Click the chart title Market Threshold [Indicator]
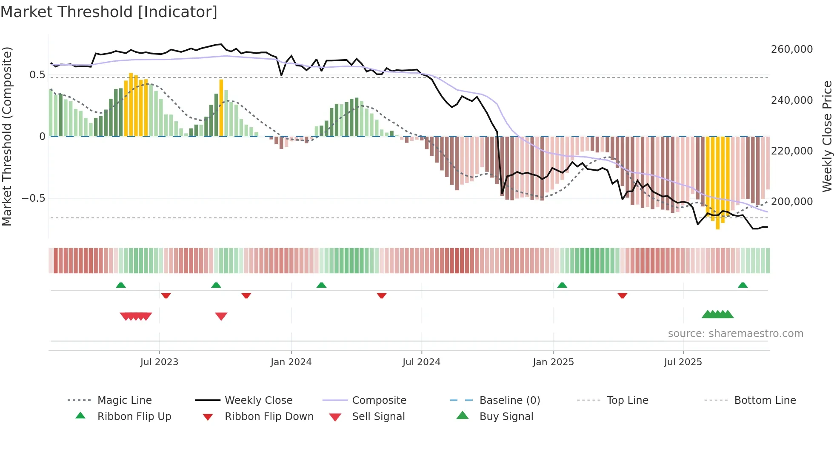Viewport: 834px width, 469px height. [x=109, y=12]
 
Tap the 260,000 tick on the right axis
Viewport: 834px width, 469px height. [x=791, y=49]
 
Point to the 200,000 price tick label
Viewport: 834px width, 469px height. [x=791, y=202]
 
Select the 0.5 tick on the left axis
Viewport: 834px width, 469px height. [x=37, y=75]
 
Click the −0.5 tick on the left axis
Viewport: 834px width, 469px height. [x=34, y=198]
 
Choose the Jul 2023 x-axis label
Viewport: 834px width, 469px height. [x=159, y=362]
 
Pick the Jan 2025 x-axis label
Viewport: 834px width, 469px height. [x=553, y=362]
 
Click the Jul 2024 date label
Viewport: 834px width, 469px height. [x=421, y=362]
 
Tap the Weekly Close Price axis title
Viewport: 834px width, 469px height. [x=827, y=136]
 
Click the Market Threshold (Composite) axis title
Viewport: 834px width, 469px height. [x=7, y=136]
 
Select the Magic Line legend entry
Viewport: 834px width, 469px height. [x=124, y=400]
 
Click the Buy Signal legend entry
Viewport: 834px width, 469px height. [x=506, y=417]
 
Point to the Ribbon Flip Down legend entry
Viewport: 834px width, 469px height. [x=269, y=417]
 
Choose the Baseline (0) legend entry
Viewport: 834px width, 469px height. [x=509, y=400]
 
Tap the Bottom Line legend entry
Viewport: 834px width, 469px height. [x=765, y=400]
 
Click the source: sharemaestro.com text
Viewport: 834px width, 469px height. [x=735, y=334]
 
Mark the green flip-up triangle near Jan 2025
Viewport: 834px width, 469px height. [x=562, y=285]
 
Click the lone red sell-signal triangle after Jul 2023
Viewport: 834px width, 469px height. [x=221, y=316]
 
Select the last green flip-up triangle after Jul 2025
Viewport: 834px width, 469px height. [x=743, y=285]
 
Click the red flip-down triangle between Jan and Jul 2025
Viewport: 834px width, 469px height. [x=622, y=295]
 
